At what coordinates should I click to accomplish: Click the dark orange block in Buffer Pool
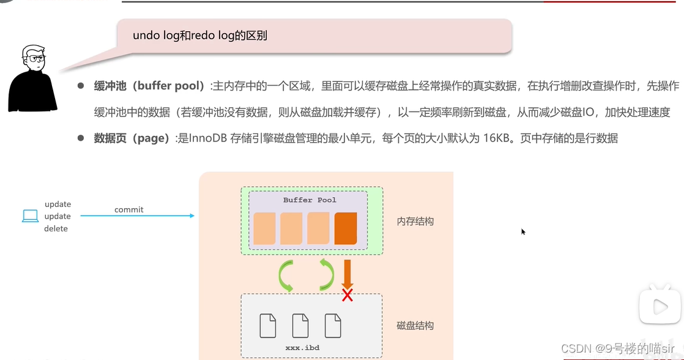click(x=346, y=228)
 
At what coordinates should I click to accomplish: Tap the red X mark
click(x=348, y=295)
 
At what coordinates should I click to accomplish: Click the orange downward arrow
click(x=347, y=274)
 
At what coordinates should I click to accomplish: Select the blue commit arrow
click(x=138, y=216)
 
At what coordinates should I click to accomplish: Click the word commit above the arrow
click(x=128, y=209)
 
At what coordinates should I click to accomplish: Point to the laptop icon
click(x=30, y=216)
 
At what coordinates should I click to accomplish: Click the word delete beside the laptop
click(x=56, y=228)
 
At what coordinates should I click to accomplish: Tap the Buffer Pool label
click(x=310, y=200)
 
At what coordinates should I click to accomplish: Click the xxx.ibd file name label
click(x=302, y=348)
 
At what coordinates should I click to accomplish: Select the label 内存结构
click(x=415, y=221)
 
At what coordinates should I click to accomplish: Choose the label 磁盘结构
click(x=415, y=326)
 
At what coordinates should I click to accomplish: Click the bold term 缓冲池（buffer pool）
click(x=149, y=86)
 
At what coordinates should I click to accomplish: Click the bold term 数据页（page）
click(x=132, y=138)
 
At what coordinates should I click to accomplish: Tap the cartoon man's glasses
click(x=34, y=59)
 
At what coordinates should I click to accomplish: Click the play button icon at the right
click(x=660, y=306)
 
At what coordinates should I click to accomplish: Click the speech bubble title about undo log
click(x=200, y=36)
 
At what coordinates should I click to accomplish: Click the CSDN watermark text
click(x=622, y=348)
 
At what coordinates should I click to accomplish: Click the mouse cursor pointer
click(x=523, y=231)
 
